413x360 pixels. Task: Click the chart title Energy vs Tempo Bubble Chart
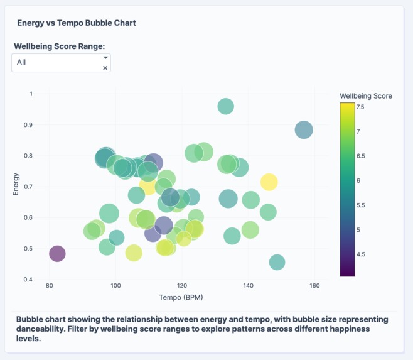point(76,23)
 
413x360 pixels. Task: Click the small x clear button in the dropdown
point(105,68)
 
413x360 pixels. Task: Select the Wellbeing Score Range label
point(59,46)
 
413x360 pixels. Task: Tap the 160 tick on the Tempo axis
point(314,286)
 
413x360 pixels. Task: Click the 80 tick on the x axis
point(49,286)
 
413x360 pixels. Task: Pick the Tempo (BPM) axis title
point(181,297)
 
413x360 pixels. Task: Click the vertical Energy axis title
point(16,183)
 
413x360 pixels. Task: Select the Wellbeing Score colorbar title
point(365,96)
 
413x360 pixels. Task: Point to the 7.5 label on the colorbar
point(360,107)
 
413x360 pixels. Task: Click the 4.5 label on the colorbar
point(360,254)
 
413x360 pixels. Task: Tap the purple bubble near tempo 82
point(57,254)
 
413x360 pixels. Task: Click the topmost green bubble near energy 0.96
point(225,107)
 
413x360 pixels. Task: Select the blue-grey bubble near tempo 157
point(304,130)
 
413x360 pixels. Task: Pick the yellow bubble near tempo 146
point(269,182)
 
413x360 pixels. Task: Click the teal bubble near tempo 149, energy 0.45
point(277,262)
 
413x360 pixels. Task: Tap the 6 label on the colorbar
point(358,180)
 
